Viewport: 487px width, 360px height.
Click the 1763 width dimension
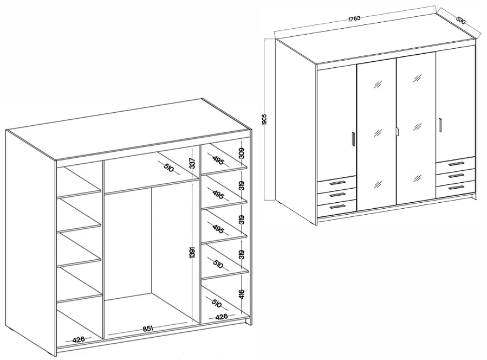[354, 18]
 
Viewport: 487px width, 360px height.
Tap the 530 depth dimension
[461, 20]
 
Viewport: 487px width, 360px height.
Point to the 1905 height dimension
[264, 119]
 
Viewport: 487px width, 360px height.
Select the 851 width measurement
[148, 329]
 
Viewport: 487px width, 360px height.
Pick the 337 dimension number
[192, 164]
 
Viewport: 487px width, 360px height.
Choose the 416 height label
[242, 294]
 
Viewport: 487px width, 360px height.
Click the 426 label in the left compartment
[79, 339]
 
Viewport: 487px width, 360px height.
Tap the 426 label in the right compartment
[222, 317]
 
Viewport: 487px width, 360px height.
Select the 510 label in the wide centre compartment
[168, 169]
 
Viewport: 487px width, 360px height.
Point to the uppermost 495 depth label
[218, 159]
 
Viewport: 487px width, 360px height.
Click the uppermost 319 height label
[242, 185]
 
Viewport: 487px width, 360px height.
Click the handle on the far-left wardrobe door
[353, 139]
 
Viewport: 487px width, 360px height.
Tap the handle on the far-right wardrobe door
[440, 124]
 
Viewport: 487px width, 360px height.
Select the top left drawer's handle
[337, 183]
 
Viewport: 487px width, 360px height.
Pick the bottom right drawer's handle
[456, 188]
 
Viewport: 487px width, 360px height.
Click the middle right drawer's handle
[456, 176]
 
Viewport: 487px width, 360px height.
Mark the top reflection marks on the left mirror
[378, 84]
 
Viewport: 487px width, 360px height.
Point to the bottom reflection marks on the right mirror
[417, 178]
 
